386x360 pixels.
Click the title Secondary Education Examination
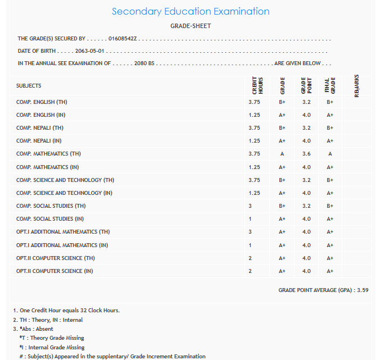click(190, 11)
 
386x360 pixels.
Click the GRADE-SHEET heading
click(191, 26)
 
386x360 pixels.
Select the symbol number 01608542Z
click(123, 39)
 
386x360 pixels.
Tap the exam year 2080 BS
click(144, 63)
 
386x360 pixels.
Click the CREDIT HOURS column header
click(257, 85)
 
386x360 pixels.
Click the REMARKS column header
click(357, 85)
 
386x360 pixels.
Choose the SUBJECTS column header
click(29, 86)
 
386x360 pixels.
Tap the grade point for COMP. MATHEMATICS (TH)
click(306, 154)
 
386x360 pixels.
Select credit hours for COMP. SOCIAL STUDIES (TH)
click(250, 206)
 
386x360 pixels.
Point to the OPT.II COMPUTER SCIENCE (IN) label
click(54, 271)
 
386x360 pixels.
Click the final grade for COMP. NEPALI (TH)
click(330, 128)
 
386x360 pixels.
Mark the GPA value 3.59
click(362, 290)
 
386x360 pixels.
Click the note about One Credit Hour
click(66, 311)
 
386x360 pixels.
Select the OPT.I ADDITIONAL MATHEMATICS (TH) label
click(63, 232)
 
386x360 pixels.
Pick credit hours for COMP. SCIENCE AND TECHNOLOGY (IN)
click(254, 193)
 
